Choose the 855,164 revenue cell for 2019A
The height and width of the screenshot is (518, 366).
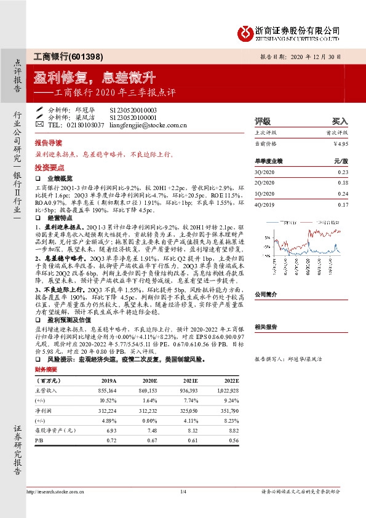click(x=107, y=390)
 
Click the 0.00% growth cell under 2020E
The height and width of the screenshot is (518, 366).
click(x=149, y=420)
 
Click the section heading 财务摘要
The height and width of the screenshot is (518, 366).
click(x=47, y=370)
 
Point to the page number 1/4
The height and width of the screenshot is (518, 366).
click(x=183, y=491)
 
